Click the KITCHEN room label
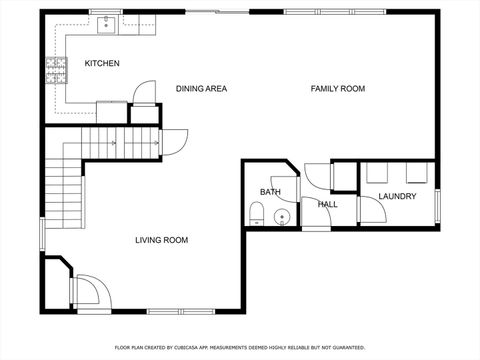[x=102, y=64]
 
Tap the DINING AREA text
[x=201, y=89]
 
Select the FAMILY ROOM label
[x=337, y=89]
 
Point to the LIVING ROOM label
[x=162, y=240]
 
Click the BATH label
[x=270, y=192]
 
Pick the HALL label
[x=327, y=205]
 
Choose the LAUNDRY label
[x=397, y=196]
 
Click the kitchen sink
[x=106, y=22]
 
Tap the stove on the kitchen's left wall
[x=56, y=69]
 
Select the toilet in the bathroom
[x=256, y=211]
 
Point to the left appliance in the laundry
[x=377, y=173]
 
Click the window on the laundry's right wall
[x=437, y=205]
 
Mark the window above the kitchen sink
[x=106, y=11]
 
